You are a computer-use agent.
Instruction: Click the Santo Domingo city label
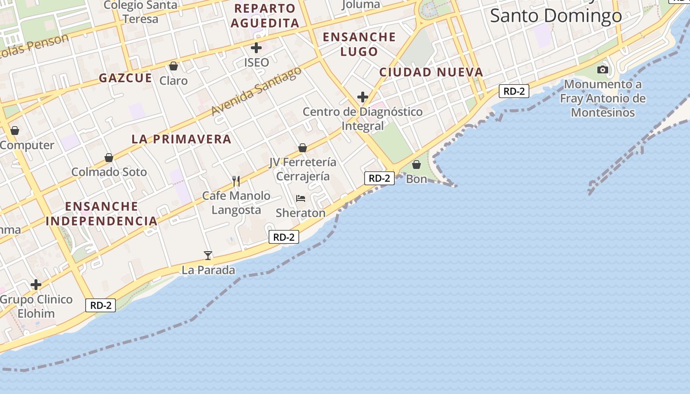click(x=555, y=16)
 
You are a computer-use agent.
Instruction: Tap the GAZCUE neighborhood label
click(x=125, y=78)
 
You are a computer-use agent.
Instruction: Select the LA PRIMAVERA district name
click(x=181, y=139)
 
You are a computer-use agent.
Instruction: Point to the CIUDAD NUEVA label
click(x=431, y=72)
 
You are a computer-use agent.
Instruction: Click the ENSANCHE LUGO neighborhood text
click(x=359, y=44)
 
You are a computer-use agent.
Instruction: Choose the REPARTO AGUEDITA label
click(x=265, y=16)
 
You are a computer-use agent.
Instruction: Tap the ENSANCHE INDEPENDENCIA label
click(x=102, y=214)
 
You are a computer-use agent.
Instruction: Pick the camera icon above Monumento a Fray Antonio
click(x=603, y=70)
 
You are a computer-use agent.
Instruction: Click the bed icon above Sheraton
click(x=301, y=198)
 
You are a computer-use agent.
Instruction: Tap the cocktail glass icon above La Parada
click(x=208, y=255)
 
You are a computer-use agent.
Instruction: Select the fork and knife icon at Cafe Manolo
click(x=237, y=181)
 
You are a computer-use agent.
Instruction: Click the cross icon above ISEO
click(x=256, y=48)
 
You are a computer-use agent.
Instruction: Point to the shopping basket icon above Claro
click(x=173, y=66)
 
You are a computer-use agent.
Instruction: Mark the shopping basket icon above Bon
click(x=416, y=164)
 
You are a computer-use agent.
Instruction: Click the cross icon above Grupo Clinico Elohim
click(x=36, y=285)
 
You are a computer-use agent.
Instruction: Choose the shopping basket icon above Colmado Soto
click(x=109, y=158)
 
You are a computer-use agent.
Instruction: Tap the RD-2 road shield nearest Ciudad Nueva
click(x=514, y=91)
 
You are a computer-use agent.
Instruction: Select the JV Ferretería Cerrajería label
click(x=303, y=169)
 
